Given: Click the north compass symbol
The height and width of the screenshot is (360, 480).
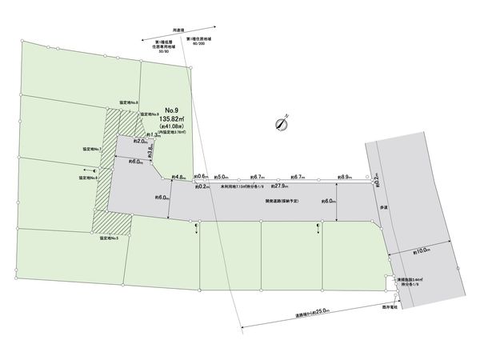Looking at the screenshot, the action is (281, 123).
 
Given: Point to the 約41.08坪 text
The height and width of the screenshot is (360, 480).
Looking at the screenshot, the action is (173, 127).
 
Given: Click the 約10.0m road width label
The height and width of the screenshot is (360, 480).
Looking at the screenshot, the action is (422, 251).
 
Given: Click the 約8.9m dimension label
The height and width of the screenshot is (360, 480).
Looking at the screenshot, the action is (346, 177).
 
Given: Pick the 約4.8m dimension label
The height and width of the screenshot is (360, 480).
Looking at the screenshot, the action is (179, 177).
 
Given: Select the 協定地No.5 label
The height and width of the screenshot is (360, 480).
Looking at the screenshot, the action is (110, 238).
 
